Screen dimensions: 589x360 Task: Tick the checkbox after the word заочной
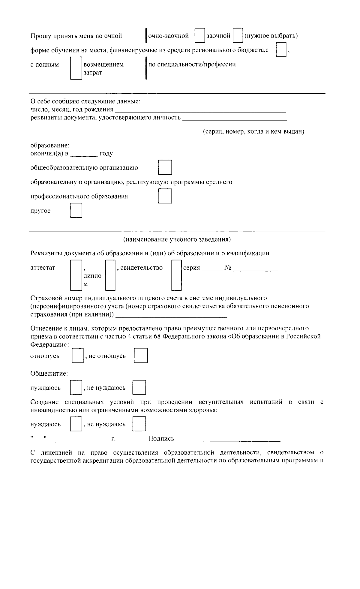238,36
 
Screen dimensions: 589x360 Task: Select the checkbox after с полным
76,69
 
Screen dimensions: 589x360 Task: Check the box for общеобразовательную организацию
165,167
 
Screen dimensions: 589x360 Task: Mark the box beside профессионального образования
165,196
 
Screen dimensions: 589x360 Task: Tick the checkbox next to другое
76,211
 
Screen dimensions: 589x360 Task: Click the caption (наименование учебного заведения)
177,239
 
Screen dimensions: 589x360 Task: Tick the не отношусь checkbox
141,356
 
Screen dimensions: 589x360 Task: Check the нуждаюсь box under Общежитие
76,387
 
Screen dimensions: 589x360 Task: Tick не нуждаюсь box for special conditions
139,424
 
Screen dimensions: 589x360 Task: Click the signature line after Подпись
228,440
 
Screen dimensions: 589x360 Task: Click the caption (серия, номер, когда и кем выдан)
253,132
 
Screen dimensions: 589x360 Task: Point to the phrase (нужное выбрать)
271,36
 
